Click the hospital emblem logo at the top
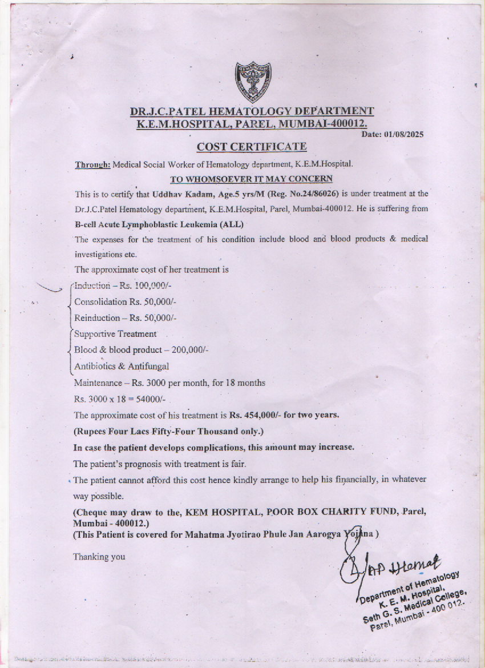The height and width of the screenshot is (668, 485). [x=253, y=82]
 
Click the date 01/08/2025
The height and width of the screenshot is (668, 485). [x=404, y=135]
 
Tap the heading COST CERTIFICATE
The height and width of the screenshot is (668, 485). [x=252, y=147]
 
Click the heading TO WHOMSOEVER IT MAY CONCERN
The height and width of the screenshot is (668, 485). [x=251, y=179]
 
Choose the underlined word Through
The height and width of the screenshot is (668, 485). [x=93, y=164]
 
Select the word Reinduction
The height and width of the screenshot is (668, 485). [x=97, y=317]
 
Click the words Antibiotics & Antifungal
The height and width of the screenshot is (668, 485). [x=122, y=366]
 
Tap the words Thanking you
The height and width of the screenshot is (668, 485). [x=99, y=557]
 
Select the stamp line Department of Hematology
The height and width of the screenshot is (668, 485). [x=409, y=586]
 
